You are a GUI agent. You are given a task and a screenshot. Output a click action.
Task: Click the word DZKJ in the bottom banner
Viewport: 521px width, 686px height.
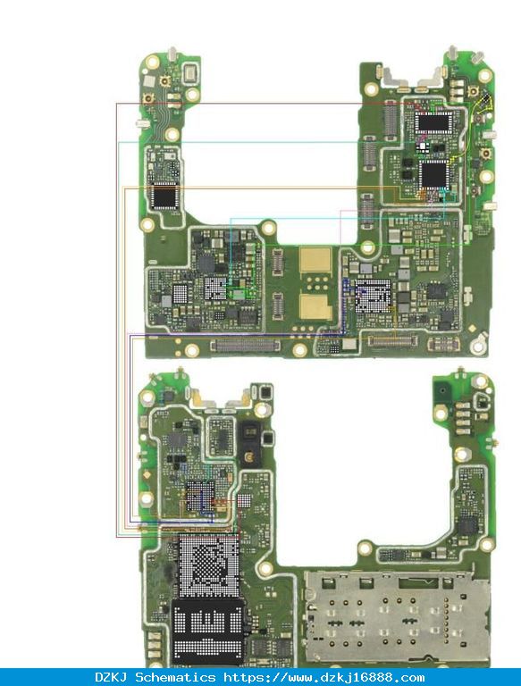pyautogui.click(x=111, y=678)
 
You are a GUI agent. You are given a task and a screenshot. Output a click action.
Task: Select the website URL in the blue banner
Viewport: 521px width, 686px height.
pyautogui.click(x=324, y=678)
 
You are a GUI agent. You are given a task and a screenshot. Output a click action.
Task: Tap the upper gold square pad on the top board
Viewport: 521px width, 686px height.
pyautogui.click(x=315, y=260)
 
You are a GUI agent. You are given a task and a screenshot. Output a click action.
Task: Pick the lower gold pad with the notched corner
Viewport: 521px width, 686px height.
pyautogui.click(x=315, y=306)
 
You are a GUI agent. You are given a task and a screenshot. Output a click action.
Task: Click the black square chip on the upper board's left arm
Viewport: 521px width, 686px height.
pyautogui.click(x=164, y=197)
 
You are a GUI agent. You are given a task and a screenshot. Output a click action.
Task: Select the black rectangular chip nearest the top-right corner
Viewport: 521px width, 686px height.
pyautogui.click(x=433, y=122)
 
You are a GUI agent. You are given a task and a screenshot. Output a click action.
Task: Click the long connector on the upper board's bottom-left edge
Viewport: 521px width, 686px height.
pyautogui.click(x=245, y=346)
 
